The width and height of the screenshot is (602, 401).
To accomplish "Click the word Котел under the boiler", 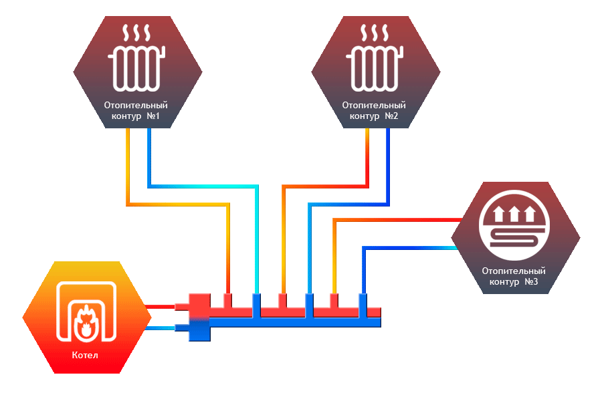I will pos(85,355).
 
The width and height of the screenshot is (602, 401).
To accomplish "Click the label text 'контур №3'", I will pos(515,282).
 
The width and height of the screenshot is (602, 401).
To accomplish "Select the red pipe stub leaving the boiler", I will pos(161,307).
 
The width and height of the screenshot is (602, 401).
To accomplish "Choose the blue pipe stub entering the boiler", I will pos(161,327).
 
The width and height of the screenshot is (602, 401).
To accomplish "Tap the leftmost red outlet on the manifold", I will pos(228,300).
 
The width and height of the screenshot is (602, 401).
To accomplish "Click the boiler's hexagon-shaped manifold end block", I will pos(199,317).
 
